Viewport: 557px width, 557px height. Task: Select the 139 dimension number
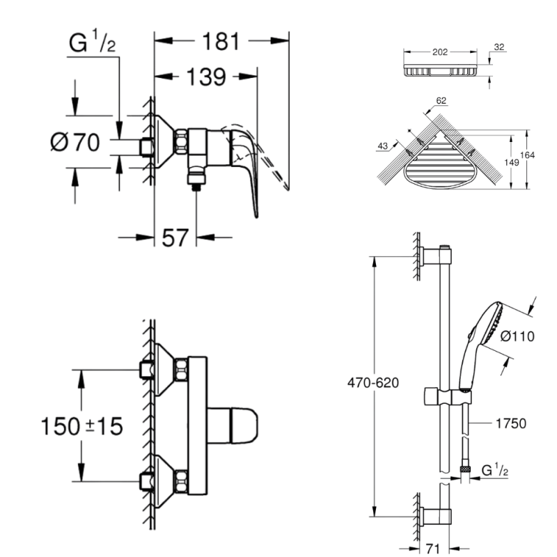click(x=205, y=78)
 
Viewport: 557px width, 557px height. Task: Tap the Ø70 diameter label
click(x=75, y=143)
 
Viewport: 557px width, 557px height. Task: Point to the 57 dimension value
click(x=175, y=237)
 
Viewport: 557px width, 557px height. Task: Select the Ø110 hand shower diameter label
click(x=517, y=337)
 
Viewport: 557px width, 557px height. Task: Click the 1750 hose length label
click(x=510, y=423)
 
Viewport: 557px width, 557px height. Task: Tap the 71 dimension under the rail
click(x=433, y=547)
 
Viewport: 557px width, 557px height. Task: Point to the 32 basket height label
click(x=499, y=47)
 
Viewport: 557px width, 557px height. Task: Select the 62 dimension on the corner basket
click(x=441, y=101)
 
